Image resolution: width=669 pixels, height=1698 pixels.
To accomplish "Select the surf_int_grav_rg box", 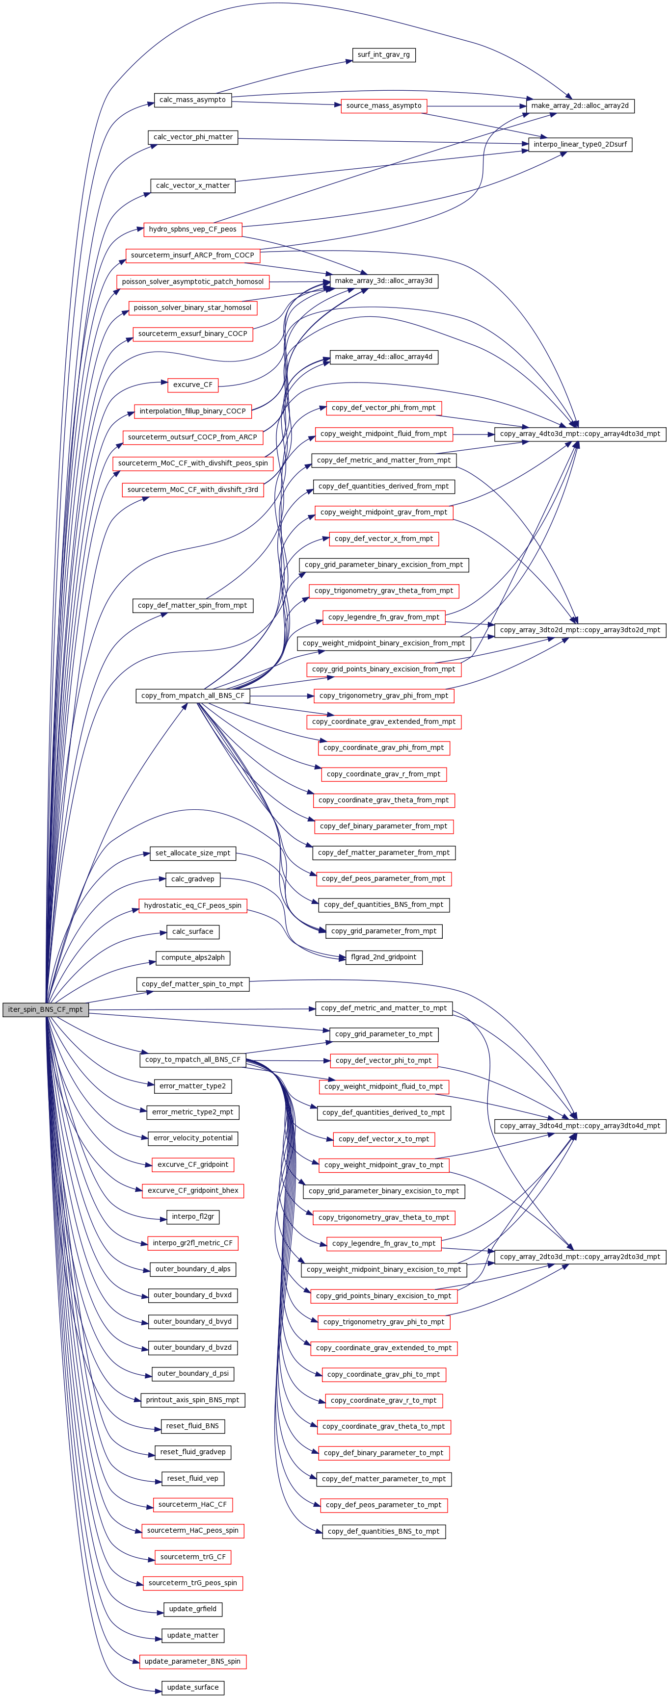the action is [383, 55].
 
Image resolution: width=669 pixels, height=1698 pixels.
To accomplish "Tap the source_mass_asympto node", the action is [384, 105].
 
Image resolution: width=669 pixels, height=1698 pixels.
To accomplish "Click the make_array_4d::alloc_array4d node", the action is [383, 357].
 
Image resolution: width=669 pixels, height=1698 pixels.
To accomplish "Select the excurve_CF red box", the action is [193, 385].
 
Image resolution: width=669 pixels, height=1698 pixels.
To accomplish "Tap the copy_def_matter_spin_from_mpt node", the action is [193, 605].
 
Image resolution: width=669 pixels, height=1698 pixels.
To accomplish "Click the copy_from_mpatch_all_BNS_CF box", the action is [193, 695].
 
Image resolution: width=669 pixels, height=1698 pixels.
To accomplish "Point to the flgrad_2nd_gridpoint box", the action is [383, 957].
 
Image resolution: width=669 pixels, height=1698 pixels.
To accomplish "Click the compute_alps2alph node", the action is [193, 958].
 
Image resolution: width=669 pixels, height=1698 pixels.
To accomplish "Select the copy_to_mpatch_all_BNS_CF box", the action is [193, 1060].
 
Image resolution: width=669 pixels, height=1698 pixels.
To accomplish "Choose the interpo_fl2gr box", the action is [193, 1217].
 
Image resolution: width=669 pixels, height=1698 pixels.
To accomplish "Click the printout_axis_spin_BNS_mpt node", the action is [193, 1400].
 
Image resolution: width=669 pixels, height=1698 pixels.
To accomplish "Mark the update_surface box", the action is [193, 1687].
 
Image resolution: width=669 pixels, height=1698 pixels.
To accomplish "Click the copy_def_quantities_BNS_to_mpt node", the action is [383, 1531].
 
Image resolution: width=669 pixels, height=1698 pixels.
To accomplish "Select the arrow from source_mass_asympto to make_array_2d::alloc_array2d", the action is [476, 105].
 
